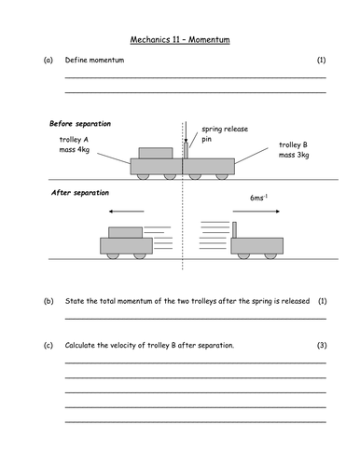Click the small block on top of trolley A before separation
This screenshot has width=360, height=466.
(155, 152)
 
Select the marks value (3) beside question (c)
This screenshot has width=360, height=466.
(321, 346)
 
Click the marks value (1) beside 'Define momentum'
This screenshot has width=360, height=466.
(321, 61)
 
